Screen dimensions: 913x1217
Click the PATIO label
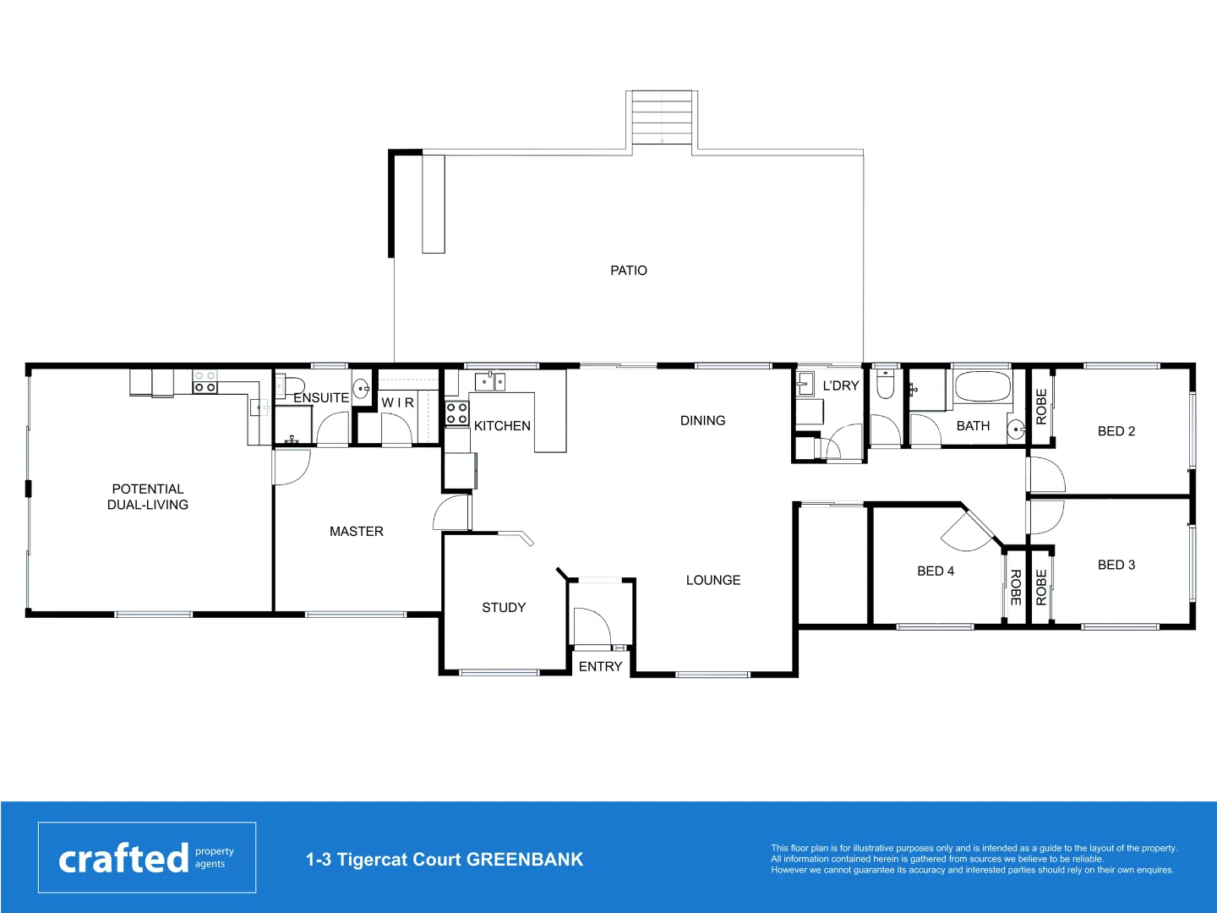(629, 271)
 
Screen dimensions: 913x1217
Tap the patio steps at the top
(662, 118)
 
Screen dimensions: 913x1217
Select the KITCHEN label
(502, 426)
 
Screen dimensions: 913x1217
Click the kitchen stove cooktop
(457, 413)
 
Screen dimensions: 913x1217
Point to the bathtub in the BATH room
(981, 388)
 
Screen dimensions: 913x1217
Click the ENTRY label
(600, 667)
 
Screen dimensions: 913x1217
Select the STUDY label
(504, 608)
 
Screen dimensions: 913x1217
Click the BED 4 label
(936, 571)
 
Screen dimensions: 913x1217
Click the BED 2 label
(1116, 431)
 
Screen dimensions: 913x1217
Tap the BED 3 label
(1116, 565)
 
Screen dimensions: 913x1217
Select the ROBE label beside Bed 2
(1041, 407)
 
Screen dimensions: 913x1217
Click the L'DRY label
(841, 385)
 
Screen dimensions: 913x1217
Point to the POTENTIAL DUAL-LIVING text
(148, 497)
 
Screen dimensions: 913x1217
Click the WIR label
(398, 403)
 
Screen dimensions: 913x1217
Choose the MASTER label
(357, 532)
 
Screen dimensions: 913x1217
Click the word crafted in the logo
(123, 859)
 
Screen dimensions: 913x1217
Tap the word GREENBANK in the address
(525, 860)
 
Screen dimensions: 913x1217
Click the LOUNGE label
(713, 581)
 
